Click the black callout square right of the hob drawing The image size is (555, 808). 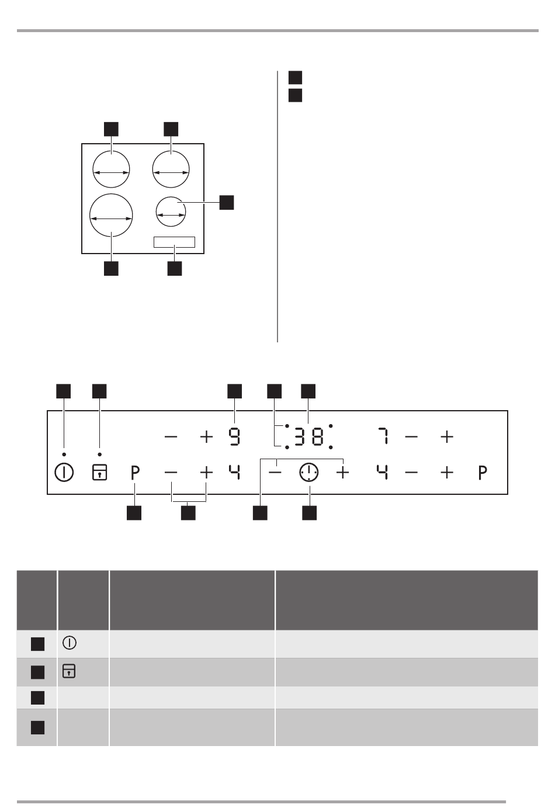click(x=227, y=202)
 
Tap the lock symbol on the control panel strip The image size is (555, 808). click(x=99, y=472)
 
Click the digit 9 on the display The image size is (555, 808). click(x=234, y=437)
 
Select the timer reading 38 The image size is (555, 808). click(x=308, y=437)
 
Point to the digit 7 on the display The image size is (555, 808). click(x=384, y=437)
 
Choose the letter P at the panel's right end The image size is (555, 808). click(x=483, y=473)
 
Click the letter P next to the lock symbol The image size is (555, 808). click(x=135, y=473)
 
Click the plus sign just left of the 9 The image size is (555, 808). click(x=206, y=437)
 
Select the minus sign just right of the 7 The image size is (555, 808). click(x=411, y=437)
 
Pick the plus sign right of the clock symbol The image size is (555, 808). click(x=342, y=472)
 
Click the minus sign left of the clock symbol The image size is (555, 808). click(x=275, y=472)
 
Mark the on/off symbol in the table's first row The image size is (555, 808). click(x=70, y=643)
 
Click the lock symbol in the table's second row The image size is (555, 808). click(x=69, y=671)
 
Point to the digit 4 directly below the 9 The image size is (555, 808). click(x=234, y=472)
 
